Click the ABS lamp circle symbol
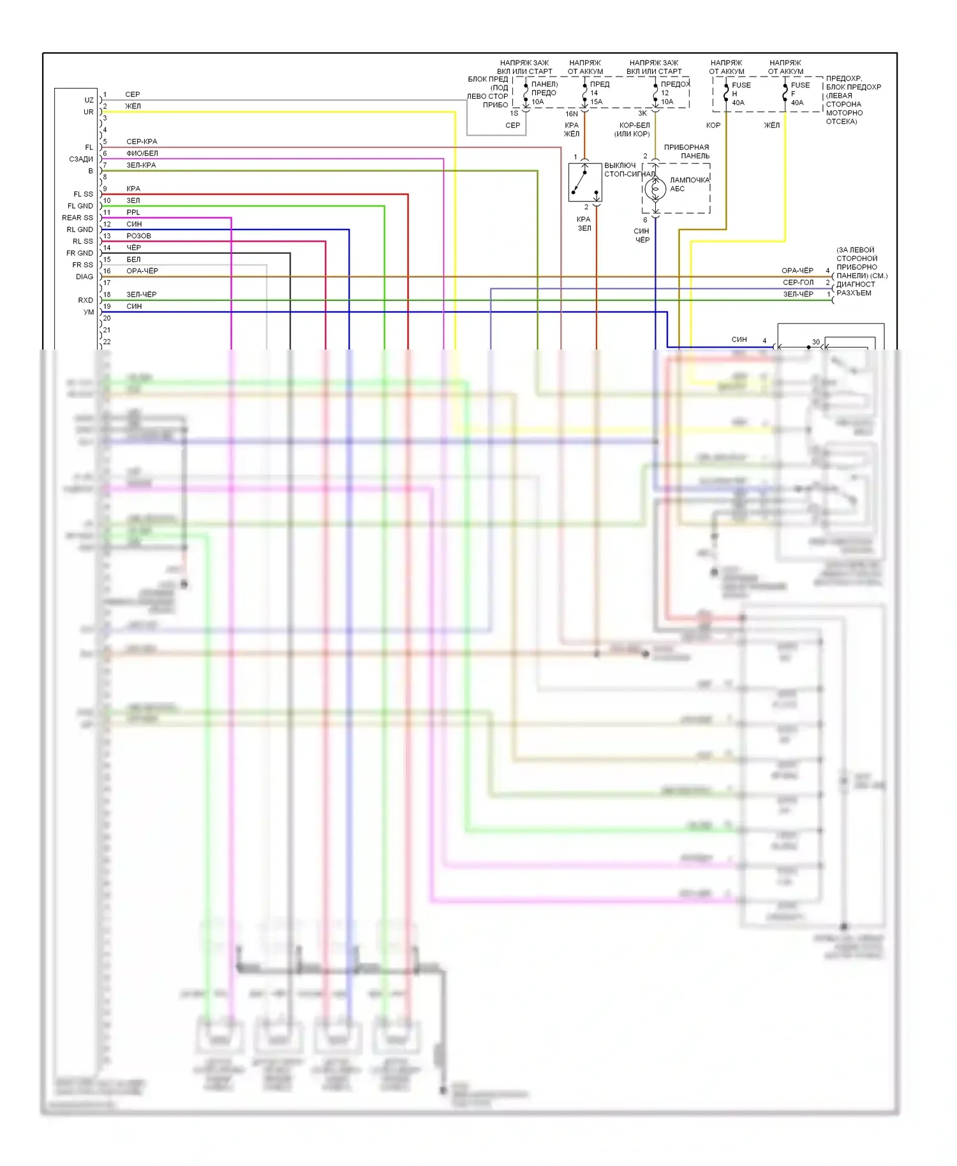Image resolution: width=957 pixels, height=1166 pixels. (x=655, y=189)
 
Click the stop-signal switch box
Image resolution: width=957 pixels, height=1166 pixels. (x=585, y=182)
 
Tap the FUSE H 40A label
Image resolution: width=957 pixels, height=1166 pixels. (x=741, y=94)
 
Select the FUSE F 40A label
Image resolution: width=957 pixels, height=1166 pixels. (x=799, y=94)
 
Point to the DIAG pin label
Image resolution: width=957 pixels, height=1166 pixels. (x=84, y=277)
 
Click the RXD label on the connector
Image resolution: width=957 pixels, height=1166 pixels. (x=85, y=300)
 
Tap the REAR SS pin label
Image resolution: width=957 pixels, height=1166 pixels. (x=77, y=218)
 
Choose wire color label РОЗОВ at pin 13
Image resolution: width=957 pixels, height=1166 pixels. (x=138, y=236)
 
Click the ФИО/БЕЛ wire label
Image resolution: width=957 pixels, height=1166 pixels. (x=142, y=154)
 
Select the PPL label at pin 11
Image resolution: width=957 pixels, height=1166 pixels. (x=133, y=212)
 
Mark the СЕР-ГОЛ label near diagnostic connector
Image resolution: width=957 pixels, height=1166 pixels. (x=797, y=283)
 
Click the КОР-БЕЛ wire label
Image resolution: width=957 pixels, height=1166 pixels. (x=634, y=126)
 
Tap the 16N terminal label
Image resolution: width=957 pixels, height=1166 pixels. (x=572, y=114)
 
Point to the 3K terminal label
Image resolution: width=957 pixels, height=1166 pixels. (x=642, y=114)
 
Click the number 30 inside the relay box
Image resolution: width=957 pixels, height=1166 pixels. (x=815, y=343)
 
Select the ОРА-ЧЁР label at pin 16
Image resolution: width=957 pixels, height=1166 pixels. (x=142, y=271)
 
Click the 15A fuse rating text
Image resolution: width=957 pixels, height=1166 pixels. (x=597, y=102)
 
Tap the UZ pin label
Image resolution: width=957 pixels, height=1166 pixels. (x=89, y=100)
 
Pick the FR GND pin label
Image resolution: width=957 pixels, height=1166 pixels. (x=79, y=253)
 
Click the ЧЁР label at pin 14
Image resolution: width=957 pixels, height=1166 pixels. (x=133, y=247)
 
